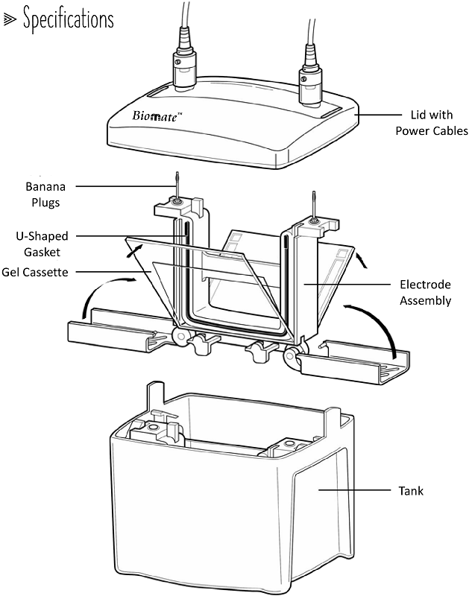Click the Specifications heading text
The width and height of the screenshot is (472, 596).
coord(68,19)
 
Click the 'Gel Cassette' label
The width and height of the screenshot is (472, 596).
coord(35,272)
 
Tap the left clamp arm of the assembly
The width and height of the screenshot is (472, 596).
coord(112,334)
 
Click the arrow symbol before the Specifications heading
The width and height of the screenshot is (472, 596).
coord(10,20)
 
